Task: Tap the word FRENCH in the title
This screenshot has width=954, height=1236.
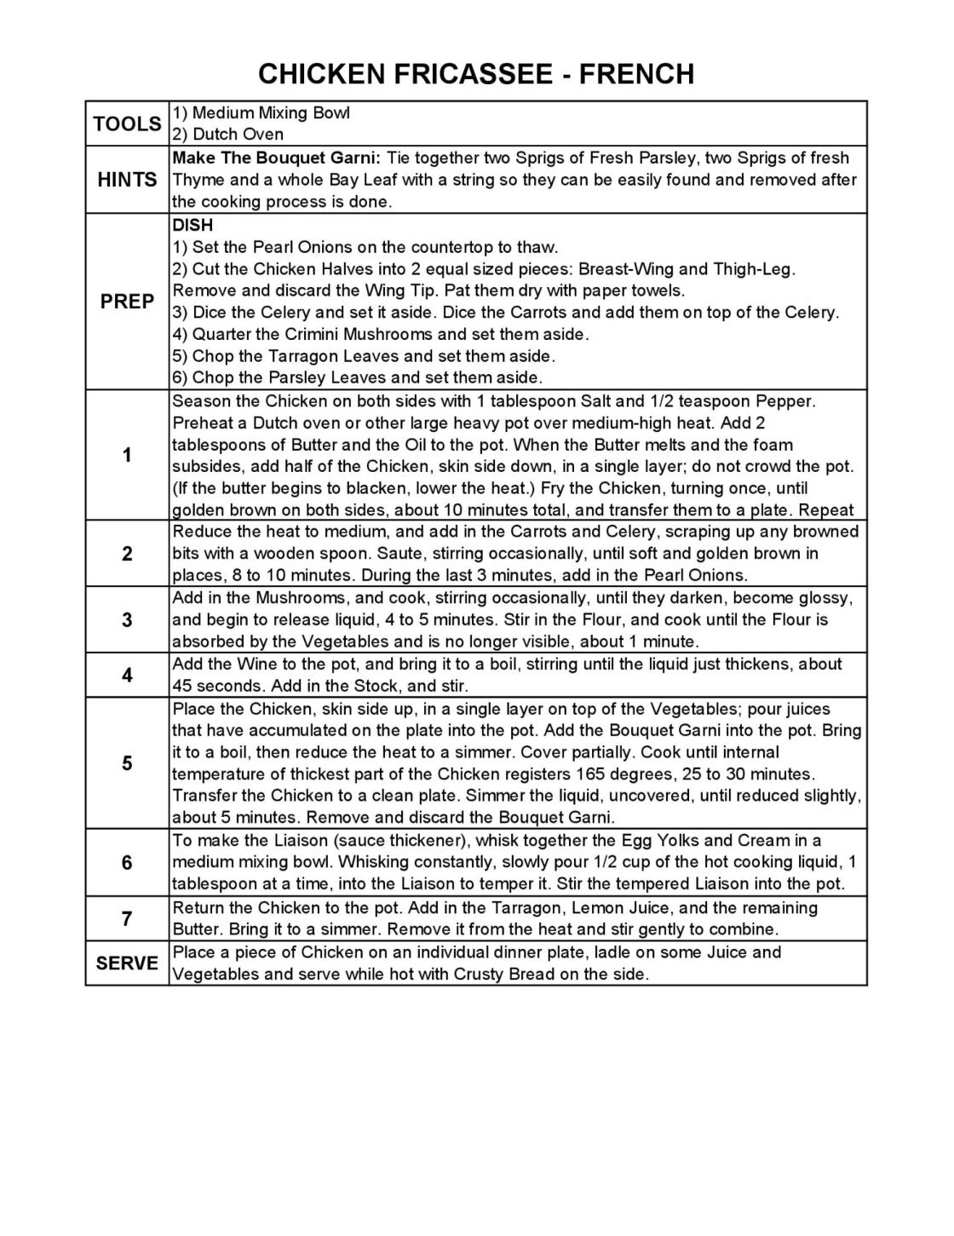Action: pos(636,74)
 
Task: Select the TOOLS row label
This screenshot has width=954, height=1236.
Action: pos(127,124)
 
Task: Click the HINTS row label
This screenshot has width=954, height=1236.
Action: pos(127,180)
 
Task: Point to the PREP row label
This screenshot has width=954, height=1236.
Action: pos(127,302)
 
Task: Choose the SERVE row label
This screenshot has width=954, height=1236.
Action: pos(127,963)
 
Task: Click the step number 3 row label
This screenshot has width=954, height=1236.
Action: pos(127,620)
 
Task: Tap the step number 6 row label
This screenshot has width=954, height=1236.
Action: pos(127,863)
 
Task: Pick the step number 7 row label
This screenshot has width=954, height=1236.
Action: pos(127,919)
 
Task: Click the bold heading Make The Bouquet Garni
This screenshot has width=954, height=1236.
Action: pos(277,158)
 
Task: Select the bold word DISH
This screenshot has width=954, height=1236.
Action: pos(193,226)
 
